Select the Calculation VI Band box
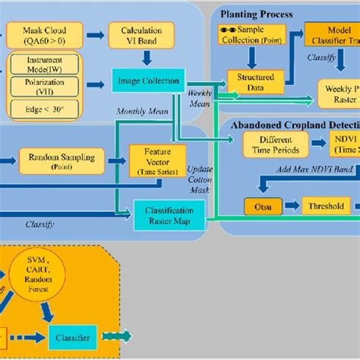click(144, 34)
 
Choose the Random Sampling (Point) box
click(54, 160)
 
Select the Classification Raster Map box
click(170, 214)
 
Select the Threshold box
click(327, 206)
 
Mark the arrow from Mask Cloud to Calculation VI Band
click(96, 34)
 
